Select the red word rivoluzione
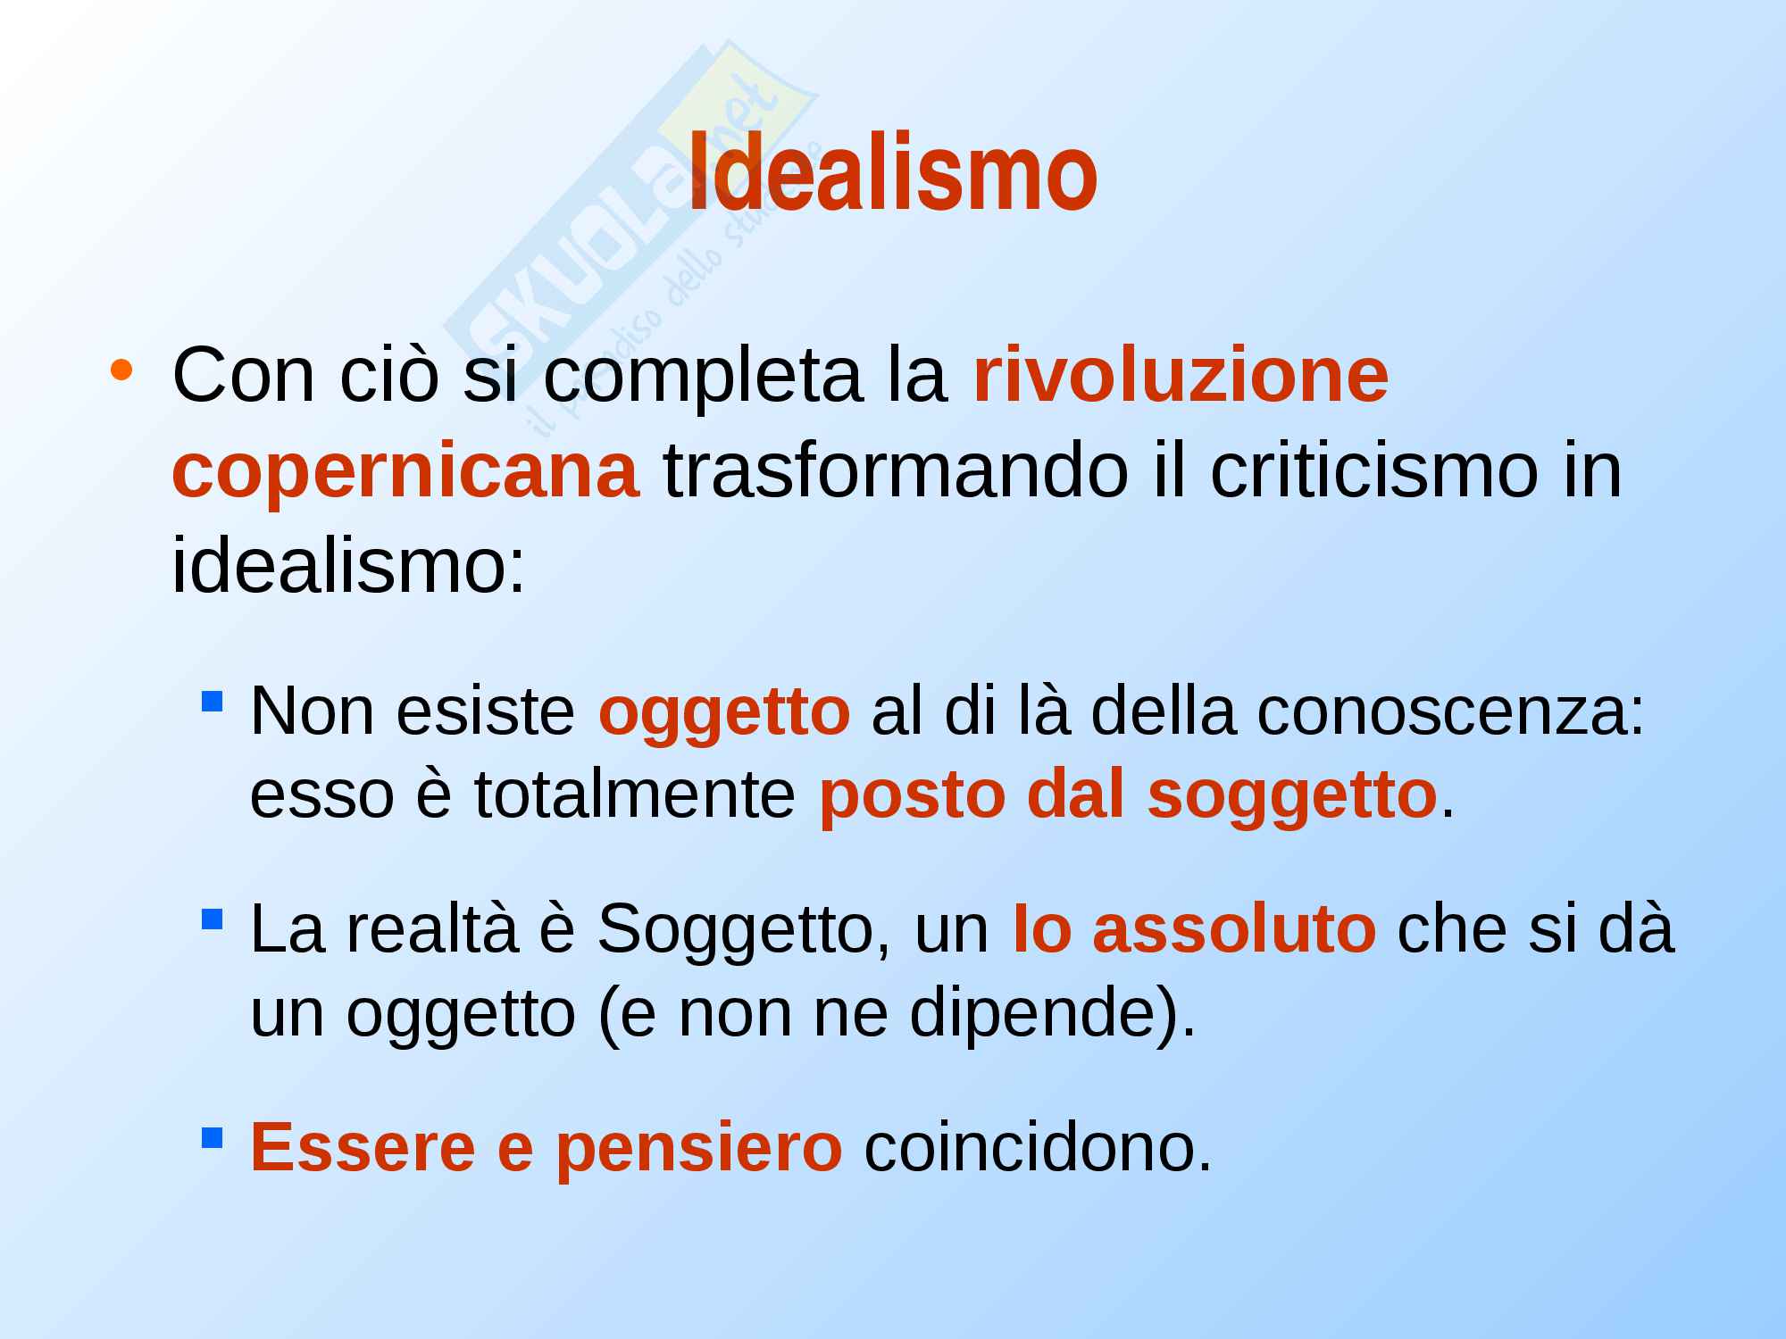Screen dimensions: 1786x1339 click(1181, 376)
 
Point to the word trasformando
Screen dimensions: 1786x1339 click(896, 471)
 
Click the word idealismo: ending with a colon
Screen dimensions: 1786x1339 click(349, 567)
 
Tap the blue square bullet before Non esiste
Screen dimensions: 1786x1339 click(212, 700)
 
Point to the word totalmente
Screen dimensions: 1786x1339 click(634, 794)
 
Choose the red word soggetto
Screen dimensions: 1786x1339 click(1292, 797)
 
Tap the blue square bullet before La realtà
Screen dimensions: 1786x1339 click(212, 918)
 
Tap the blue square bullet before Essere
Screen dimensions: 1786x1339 click(212, 1136)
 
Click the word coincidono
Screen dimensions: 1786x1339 click(1039, 1147)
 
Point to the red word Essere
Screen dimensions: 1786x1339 click(363, 1147)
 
